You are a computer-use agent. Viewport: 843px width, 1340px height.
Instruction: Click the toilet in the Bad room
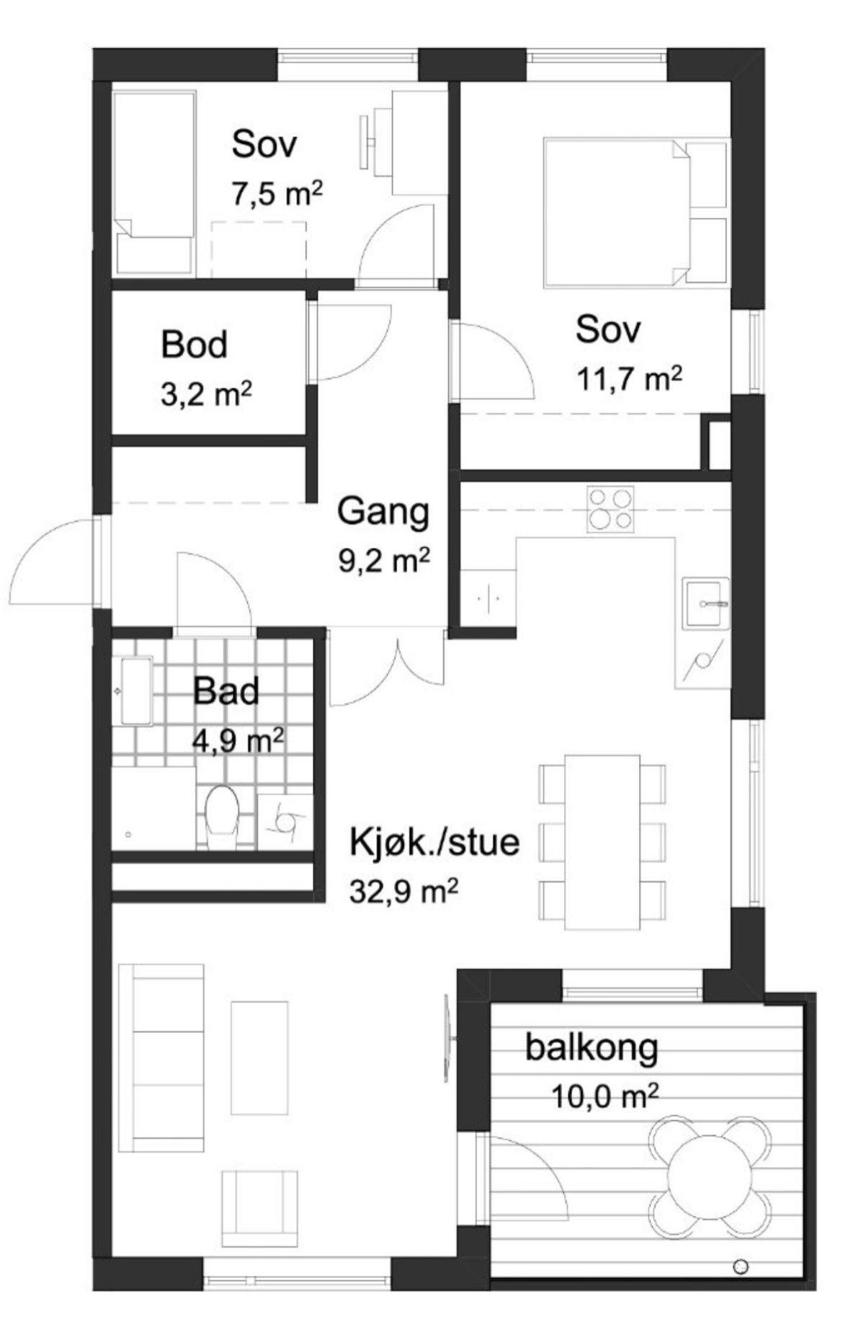[x=222, y=816]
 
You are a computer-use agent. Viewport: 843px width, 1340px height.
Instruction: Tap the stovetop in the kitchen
[x=610, y=509]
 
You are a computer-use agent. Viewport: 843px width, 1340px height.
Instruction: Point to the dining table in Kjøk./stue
[x=602, y=841]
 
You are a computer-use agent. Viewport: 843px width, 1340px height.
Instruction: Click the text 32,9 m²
[x=403, y=892]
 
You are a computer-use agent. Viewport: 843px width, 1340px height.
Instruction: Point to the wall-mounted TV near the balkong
[x=447, y=1038]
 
